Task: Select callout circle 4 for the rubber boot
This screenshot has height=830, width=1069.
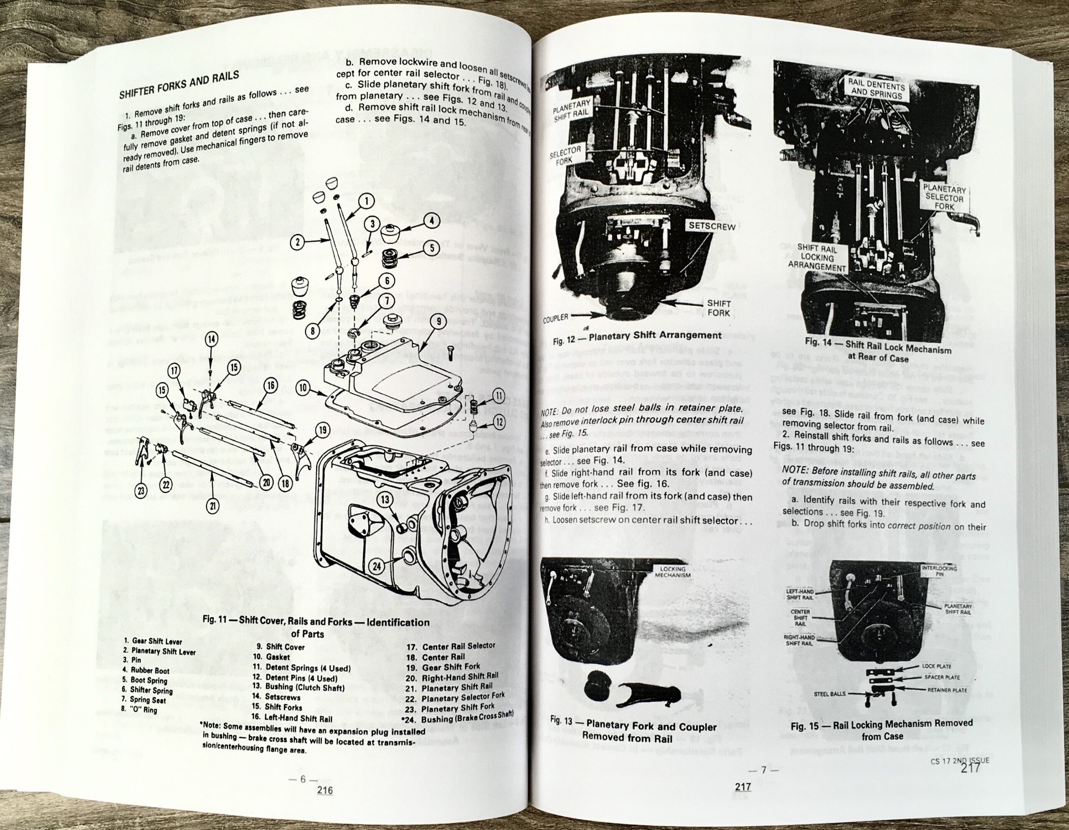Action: coord(431,221)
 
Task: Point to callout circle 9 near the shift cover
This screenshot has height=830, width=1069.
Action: coord(438,321)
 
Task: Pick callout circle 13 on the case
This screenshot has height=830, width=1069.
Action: coord(385,500)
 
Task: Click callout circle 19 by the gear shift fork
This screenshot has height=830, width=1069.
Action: coord(322,430)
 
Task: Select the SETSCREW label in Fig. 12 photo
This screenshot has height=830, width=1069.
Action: coord(712,226)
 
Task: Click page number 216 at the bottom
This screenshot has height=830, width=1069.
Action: coord(325,790)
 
